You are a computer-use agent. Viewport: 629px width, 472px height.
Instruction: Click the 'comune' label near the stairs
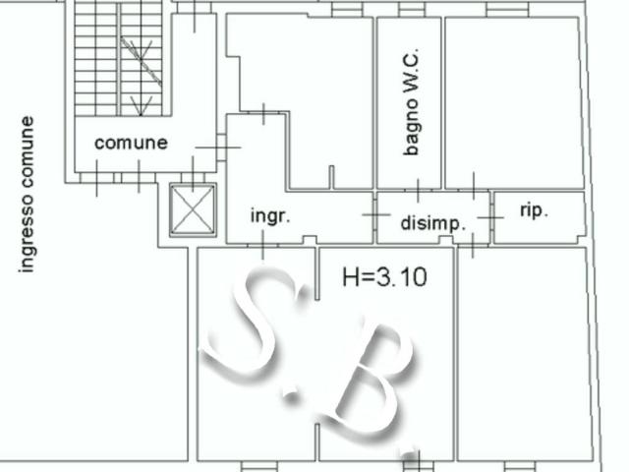click(131, 143)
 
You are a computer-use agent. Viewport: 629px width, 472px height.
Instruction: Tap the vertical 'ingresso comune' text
click(27, 195)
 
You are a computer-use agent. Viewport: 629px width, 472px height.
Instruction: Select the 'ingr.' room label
click(270, 216)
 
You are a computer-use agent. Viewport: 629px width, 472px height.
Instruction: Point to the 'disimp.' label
click(433, 223)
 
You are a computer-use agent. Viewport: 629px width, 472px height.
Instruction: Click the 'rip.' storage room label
click(534, 210)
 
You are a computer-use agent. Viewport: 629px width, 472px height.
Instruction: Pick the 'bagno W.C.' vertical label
click(412, 102)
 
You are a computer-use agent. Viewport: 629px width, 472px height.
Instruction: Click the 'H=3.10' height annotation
click(384, 277)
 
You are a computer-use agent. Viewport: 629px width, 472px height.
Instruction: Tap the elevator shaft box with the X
click(193, 209)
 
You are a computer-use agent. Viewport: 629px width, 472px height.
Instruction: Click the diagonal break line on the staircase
click(142, 61)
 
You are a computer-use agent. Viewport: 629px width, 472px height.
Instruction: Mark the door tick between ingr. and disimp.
click(375, 214)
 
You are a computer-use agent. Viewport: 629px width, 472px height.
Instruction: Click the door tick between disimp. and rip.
click(490, 217)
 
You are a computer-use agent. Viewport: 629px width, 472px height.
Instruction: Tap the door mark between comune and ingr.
click(218, 147)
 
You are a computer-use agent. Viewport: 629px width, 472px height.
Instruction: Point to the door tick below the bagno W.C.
click(419, 190)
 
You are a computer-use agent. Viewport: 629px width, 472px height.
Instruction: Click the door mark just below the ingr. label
click(262, 245)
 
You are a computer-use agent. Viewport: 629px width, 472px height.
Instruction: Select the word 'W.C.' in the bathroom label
click(412, 65)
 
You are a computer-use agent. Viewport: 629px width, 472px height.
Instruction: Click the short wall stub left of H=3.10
click(316, 273)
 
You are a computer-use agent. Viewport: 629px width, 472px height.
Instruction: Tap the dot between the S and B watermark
click(291, 395)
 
